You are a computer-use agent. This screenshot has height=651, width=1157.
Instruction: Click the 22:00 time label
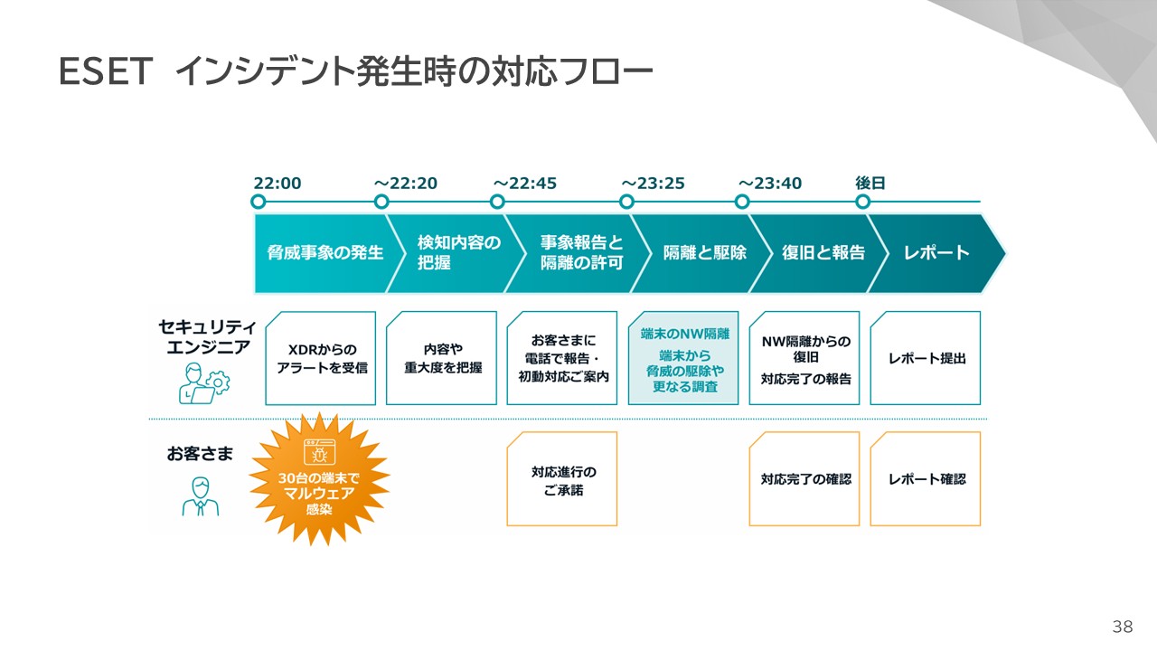tap(277, 184)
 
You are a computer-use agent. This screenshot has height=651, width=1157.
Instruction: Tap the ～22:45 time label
tap(524, 184)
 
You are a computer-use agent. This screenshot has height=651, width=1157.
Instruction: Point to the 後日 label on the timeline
tap(870, 184)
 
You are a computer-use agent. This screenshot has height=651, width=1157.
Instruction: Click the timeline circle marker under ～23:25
tap(626, 202)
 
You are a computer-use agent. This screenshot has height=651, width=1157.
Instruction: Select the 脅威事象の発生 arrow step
tap(324, 253)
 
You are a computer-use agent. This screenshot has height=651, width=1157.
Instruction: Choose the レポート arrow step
tap(936, 253)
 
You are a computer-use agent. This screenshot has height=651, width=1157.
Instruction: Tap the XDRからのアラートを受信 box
tap(321, 358)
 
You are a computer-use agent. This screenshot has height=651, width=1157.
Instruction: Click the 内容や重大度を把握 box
tap(442, 358)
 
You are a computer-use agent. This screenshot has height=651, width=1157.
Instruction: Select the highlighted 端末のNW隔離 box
tap(684, 358)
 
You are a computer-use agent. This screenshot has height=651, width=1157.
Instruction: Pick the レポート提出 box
tap(926, 358)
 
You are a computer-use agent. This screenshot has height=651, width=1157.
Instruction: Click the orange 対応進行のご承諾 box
tap(562, 479)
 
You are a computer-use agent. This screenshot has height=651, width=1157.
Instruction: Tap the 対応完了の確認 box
tap(804, 479)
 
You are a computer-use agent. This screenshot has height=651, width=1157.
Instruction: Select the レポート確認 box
tap(926, 479)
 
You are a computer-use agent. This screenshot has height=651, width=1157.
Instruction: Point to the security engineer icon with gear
tap(204, 382)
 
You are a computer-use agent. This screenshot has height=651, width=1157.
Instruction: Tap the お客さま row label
tap(199, 453)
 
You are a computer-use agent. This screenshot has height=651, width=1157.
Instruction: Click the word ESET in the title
tap(102, 72)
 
